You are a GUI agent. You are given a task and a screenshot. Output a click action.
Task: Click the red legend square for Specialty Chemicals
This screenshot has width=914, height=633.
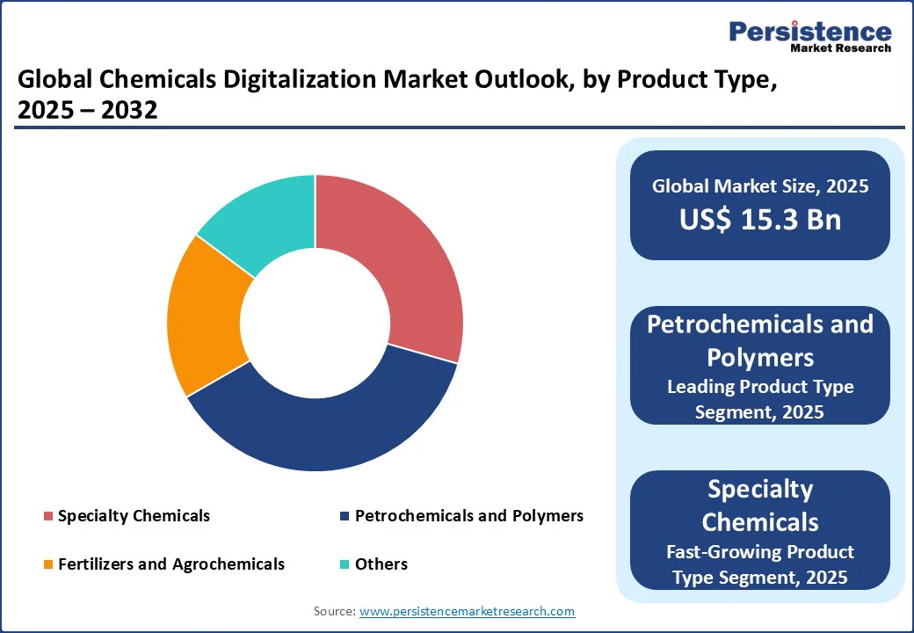(48, 516)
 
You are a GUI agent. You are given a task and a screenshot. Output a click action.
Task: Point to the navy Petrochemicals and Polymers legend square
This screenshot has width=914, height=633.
(345, 516)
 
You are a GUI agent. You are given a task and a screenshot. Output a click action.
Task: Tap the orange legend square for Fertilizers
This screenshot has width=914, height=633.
(48, 564)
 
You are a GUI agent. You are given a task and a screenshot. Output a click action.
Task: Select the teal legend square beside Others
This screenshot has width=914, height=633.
(345, 564)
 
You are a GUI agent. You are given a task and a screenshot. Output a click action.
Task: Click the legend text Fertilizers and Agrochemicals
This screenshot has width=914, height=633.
(171, 564)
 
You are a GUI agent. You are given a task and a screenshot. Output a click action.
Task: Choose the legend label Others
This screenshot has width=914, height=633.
(381, 564)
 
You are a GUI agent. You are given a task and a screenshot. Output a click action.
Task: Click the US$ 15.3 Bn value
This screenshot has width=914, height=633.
(760, 219)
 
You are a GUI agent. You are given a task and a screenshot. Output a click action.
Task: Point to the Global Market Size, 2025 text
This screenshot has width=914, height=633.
(760, 186)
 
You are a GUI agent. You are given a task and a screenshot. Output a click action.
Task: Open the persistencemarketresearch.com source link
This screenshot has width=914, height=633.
(467, 611)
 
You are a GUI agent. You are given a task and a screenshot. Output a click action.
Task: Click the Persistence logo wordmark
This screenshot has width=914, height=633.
(810, 32)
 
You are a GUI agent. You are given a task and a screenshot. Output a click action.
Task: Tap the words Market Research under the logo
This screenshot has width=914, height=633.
(840, 48)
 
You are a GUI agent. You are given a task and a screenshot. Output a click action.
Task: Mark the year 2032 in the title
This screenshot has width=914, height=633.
(129, 110)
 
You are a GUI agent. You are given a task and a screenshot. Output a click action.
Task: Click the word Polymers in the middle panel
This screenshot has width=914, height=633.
(760, 358)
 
